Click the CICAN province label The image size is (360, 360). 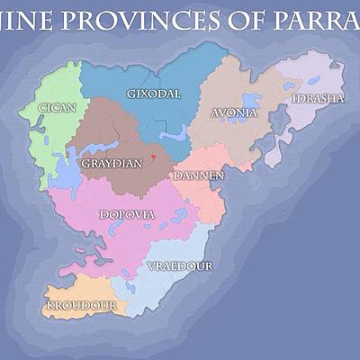click(57, 108)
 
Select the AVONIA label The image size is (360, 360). click(233, 113)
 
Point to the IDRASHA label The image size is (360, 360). click(318, 98)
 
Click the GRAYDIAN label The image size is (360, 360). click(112, 165)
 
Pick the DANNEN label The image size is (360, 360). click(199, 175)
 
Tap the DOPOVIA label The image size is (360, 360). click(127, 215)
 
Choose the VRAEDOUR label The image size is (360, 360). click(179, 266)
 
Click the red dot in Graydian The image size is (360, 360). click(154, 157)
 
